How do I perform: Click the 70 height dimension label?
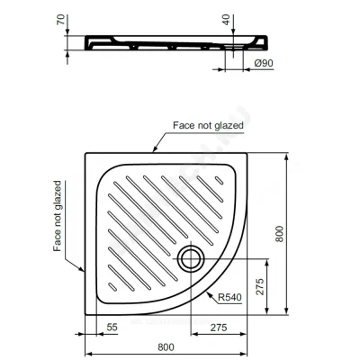tap(61, 20)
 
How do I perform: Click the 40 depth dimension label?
tap(227, 20)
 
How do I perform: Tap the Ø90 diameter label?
tap(264, 63)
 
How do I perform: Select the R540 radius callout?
tap(229, 297)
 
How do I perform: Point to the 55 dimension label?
tap(112, 327)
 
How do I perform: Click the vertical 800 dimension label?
tap(279, 234)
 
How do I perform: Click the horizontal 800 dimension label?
tap(166, 347)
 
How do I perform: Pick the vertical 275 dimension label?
tap(260, 287)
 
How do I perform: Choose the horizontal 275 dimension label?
tap(219, 328)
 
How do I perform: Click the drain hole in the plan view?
tap(191, 259)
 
